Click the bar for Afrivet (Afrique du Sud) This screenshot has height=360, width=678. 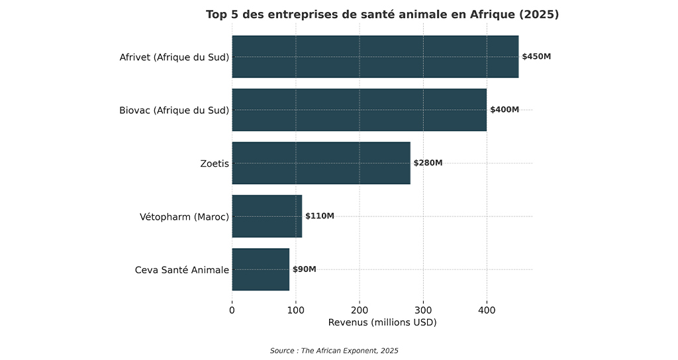click(375, 57)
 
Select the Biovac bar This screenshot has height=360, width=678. click(359, 110)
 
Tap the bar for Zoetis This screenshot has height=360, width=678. click(320, 163)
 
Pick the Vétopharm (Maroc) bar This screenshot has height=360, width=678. click(267, 216)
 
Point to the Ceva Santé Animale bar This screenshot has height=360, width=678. click(260, 269)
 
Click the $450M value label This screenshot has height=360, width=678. click(536, 57)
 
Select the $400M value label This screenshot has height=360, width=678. click(505, 110)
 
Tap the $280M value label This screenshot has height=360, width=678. click(428, 163)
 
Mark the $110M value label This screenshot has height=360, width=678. click(320, 216)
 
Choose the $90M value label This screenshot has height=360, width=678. click(305, 269)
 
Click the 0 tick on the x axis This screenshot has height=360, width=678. click(232, 309)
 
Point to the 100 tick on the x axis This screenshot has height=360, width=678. click(295, 309)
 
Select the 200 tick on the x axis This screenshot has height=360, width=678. click(360, 309)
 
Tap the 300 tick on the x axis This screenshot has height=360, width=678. click(423, 309)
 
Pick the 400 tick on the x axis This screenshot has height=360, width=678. click(487, 309)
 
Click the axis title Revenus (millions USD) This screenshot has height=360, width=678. click(382, 322)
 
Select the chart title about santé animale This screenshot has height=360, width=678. click(382, 15)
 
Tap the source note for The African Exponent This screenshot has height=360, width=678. click(334, 350)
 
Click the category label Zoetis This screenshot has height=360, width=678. click(215, 163)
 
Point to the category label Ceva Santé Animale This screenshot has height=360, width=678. click(182, 270)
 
